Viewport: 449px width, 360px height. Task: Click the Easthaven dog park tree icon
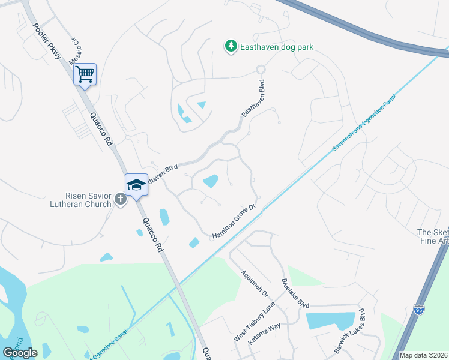coord(231,46)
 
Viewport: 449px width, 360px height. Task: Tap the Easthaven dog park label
coord(277,47)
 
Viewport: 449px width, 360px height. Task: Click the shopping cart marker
coord(85,74)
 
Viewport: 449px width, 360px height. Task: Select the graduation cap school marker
coord(136,185)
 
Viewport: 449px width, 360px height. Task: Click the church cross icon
coord(120,199)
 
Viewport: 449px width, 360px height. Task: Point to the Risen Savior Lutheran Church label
coord(88,200)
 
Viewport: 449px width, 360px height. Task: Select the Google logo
coord(20,352)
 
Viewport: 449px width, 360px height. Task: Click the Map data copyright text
coord(423,355)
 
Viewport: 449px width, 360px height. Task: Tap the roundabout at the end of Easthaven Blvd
coord(261,70)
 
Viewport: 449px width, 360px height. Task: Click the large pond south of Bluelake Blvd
coord(330,321)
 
